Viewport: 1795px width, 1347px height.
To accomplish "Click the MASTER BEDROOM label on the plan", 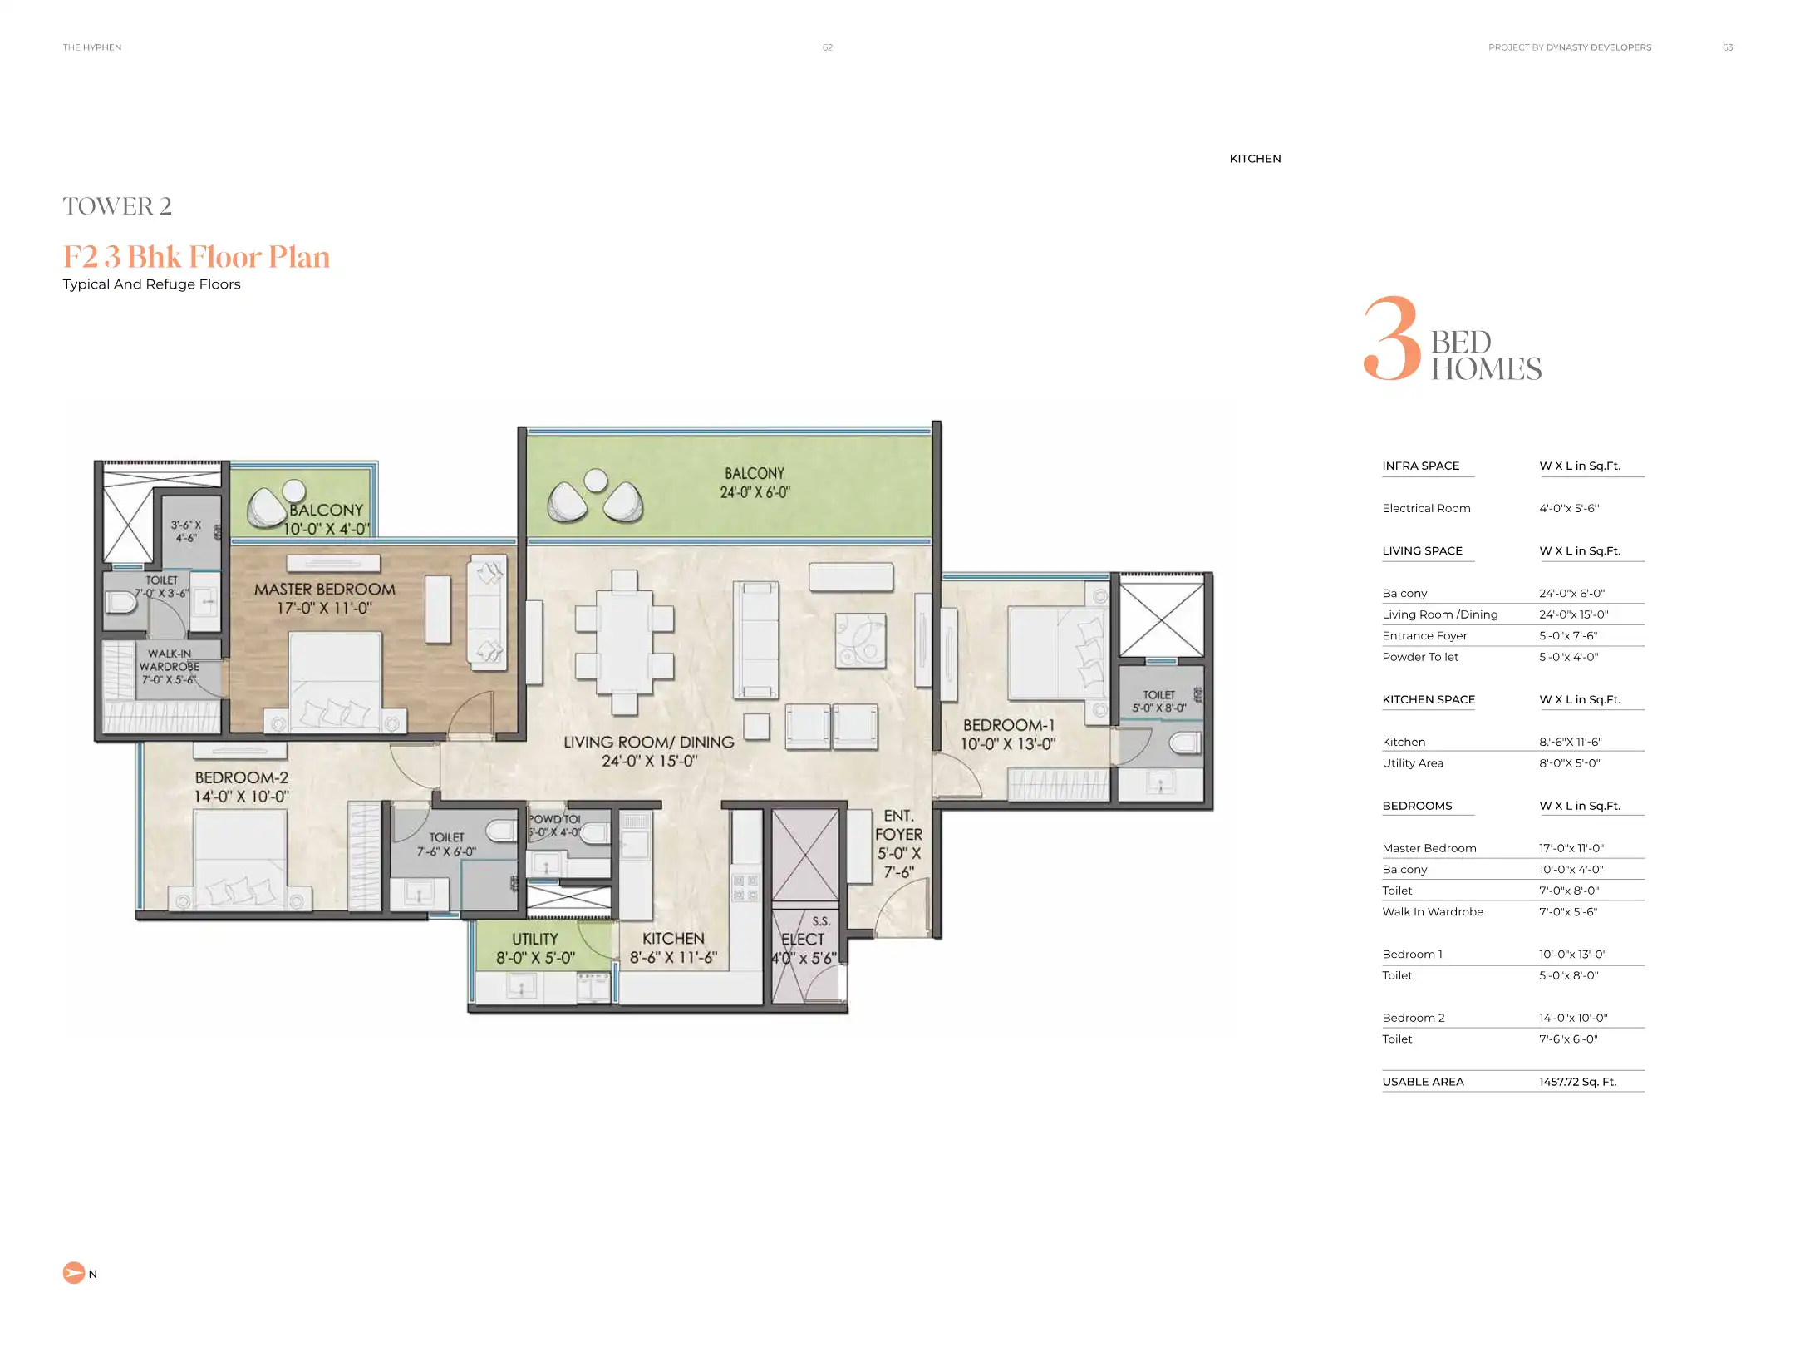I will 324,590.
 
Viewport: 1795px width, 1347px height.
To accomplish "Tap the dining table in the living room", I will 624,641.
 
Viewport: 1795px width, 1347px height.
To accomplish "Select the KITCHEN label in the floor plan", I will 673,939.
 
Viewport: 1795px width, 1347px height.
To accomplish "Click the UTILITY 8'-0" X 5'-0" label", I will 535,948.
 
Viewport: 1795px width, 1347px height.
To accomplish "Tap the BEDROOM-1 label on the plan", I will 1008,726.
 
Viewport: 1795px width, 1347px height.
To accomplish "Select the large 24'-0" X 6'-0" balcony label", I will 755,482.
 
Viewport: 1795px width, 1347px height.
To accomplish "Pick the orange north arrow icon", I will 74,1273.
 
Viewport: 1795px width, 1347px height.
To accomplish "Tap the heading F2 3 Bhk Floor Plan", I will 196,257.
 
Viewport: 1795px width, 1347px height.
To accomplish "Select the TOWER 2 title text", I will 117,206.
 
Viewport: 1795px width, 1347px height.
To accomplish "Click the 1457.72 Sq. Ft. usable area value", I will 1576,1082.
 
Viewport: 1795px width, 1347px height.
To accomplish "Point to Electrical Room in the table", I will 1426,508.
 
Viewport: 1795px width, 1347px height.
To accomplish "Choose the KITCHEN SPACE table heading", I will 1429,699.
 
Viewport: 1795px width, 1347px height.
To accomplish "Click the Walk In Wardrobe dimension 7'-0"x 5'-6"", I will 1568,912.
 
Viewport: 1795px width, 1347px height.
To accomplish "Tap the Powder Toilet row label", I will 1420,657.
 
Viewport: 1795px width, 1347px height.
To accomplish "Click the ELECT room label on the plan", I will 803,939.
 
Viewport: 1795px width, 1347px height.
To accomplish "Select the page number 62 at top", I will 827,47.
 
